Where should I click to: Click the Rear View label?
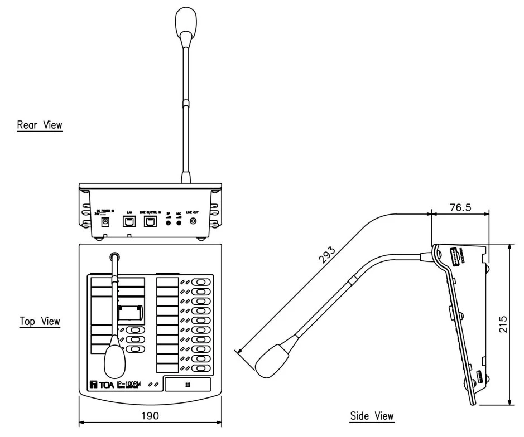(40, 125)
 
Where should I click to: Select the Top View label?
(40, 321)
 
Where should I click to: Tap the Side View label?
(372, 416)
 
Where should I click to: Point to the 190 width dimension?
(150, 416)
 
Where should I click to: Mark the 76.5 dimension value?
(460, 207)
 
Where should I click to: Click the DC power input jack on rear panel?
(104, 222)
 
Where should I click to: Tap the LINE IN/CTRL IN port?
(150, 222)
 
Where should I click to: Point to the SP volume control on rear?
(168, 222)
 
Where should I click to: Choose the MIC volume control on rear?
(179, 222)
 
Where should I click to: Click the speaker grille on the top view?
(187, 384)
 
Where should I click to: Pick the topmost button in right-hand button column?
(199, 282)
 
